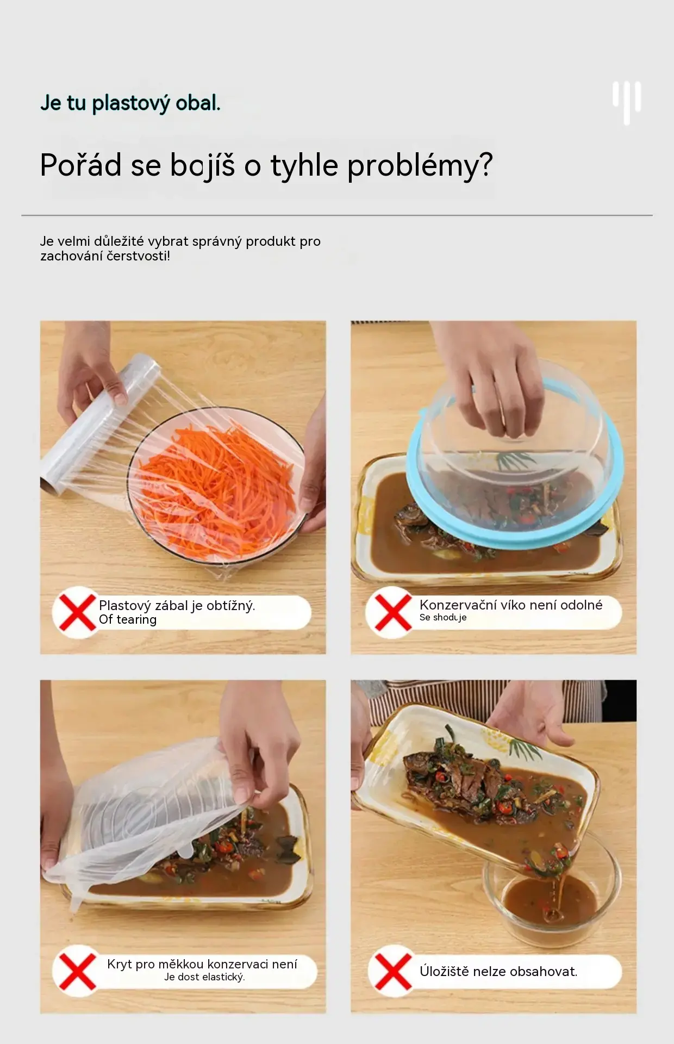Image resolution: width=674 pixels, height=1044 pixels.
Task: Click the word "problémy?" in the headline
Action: point(420,165)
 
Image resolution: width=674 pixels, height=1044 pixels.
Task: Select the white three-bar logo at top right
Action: point(627,103)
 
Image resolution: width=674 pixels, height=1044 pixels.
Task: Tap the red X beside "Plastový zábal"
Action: point(77,612)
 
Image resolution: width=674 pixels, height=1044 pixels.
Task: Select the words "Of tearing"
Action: point(128,620)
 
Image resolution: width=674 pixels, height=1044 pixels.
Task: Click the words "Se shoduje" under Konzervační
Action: point(443,618)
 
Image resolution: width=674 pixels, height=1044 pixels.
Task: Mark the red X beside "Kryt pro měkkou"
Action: point(77,971)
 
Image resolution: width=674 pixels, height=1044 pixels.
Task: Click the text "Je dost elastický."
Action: point(205,977)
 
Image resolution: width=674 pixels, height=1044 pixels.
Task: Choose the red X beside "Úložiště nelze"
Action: point(392,971)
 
